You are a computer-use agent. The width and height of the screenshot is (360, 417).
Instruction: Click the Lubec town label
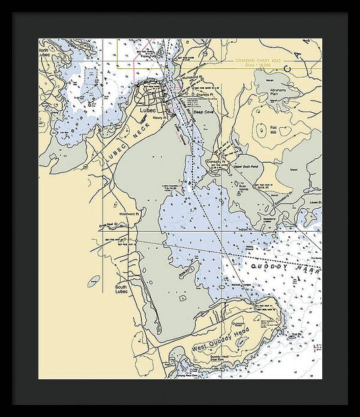coord(148,109)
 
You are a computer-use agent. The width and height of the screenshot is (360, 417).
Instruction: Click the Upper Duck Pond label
coord(246,165)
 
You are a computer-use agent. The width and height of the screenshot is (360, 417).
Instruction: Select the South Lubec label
coord(122,289)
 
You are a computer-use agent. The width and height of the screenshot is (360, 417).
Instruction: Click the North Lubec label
coord(45,53)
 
